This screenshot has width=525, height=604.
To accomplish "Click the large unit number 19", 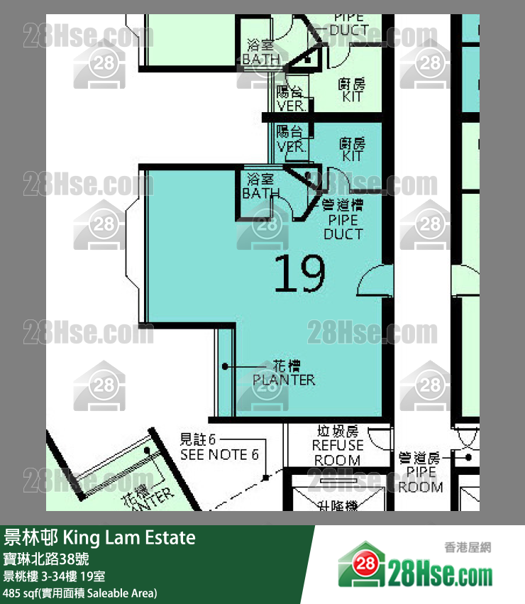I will point(299,274).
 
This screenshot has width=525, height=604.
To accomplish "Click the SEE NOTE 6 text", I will point(219,454).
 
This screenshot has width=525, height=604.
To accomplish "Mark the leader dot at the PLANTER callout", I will point(225,366).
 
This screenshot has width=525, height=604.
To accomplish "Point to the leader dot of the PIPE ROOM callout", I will point(469,458).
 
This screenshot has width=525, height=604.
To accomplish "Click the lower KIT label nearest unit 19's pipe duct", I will point(353,149).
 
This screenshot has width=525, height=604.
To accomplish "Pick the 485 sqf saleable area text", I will point(79,593).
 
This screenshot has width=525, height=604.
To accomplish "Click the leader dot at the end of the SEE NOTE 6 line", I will point(265,474).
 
